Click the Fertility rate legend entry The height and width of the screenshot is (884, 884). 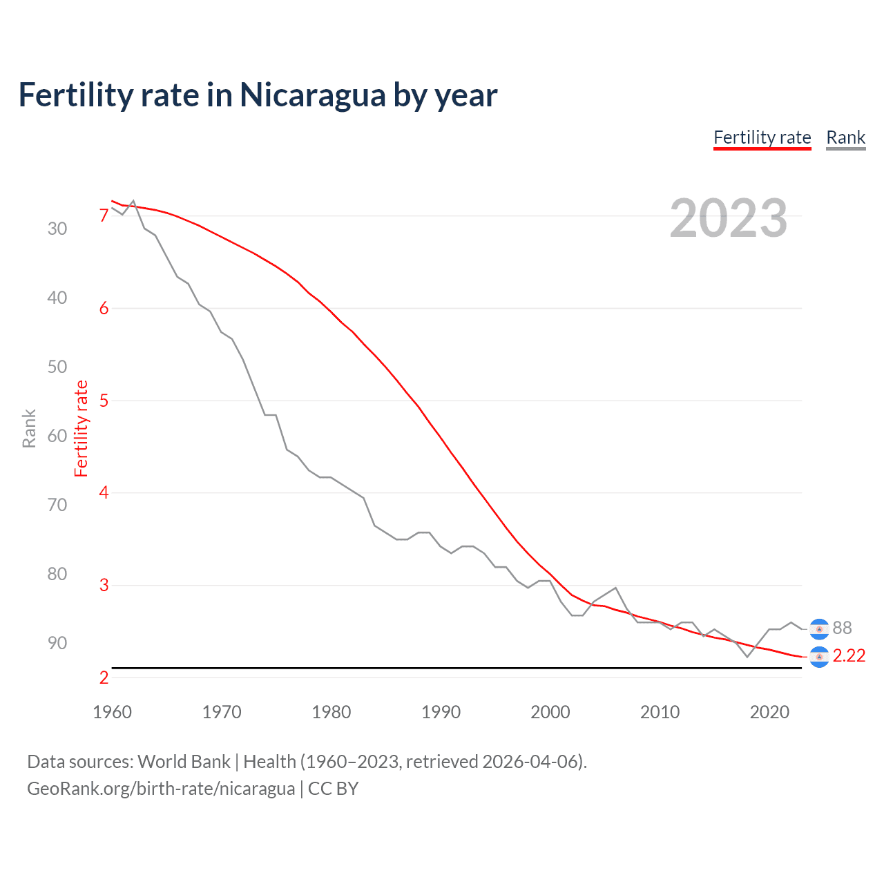point(762,137)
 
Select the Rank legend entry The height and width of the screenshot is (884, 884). point(845,137)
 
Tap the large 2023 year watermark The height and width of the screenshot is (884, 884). point(728,218)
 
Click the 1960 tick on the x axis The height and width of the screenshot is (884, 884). point(112,712)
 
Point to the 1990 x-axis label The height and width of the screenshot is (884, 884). point(441,712)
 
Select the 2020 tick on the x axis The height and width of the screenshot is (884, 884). point(769,712)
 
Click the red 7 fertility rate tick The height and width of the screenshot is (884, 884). point(104,216)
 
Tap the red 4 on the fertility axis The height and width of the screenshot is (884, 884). point(104,493)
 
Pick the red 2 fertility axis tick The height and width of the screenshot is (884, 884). point(104,678)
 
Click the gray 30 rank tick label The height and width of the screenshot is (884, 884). point(57,229)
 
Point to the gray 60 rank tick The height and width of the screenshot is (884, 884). point(57,436)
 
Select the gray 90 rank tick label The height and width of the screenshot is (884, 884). point(57,643)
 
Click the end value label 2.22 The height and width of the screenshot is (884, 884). point(849,655)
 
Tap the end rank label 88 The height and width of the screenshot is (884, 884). point(842,628)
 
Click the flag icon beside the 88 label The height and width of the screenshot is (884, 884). point(819,628)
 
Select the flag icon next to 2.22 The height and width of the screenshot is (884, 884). point(819,657)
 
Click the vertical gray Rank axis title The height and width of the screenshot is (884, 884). point(29,428)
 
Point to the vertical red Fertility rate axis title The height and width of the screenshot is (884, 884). point(81,428)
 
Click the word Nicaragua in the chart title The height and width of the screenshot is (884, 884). point(312,95)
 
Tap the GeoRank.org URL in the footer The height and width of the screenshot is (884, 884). point(161,789)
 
